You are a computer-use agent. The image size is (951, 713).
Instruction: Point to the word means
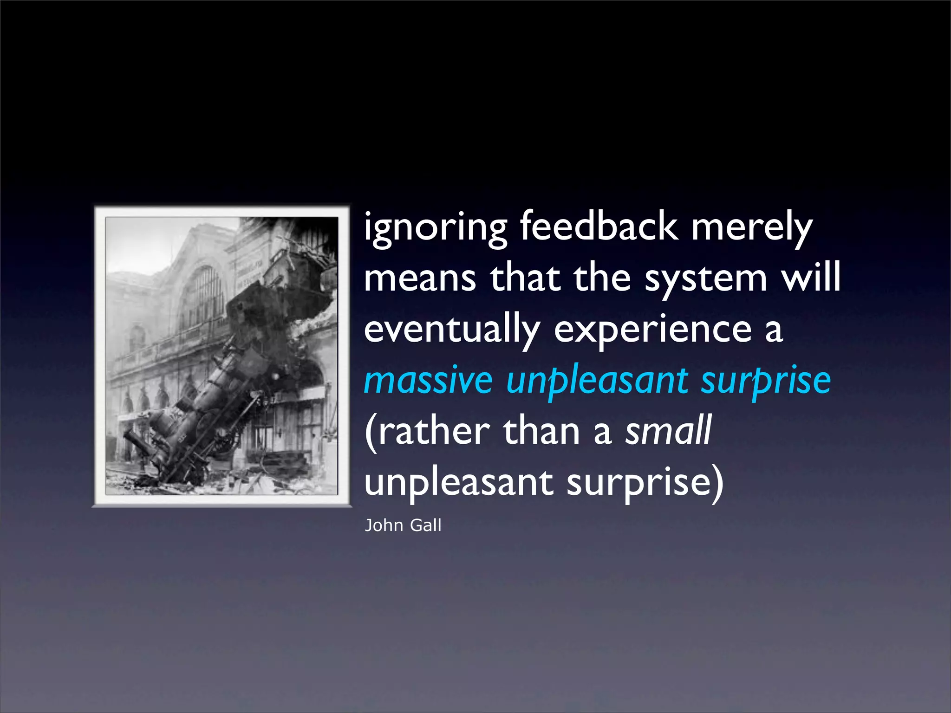pos(420,279)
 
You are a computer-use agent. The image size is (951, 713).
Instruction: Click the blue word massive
pos(428,381)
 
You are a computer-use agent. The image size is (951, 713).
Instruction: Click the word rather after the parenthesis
pos(434,432)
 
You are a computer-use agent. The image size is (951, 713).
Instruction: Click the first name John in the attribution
pos(384,525)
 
